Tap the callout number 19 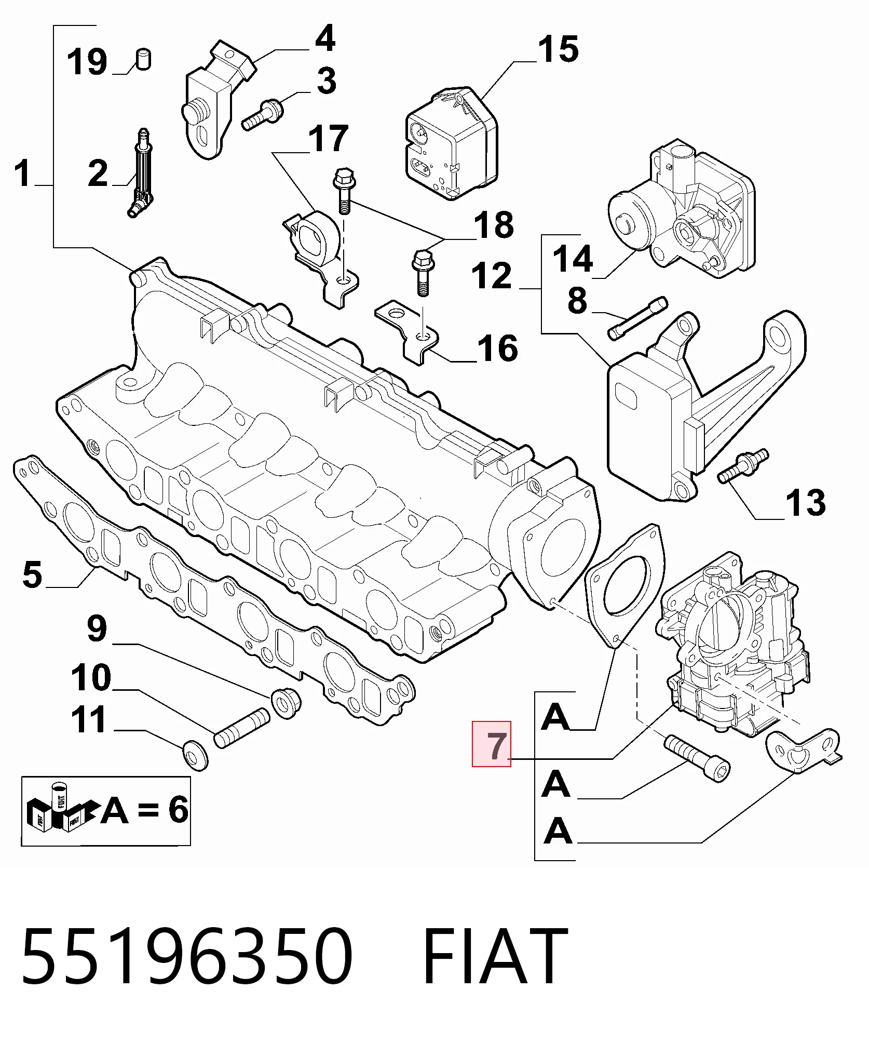coord(87,61)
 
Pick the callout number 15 coord(558,50)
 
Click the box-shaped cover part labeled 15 coord(451,144)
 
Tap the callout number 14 coord(573,259)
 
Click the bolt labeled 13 coord(743,465)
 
